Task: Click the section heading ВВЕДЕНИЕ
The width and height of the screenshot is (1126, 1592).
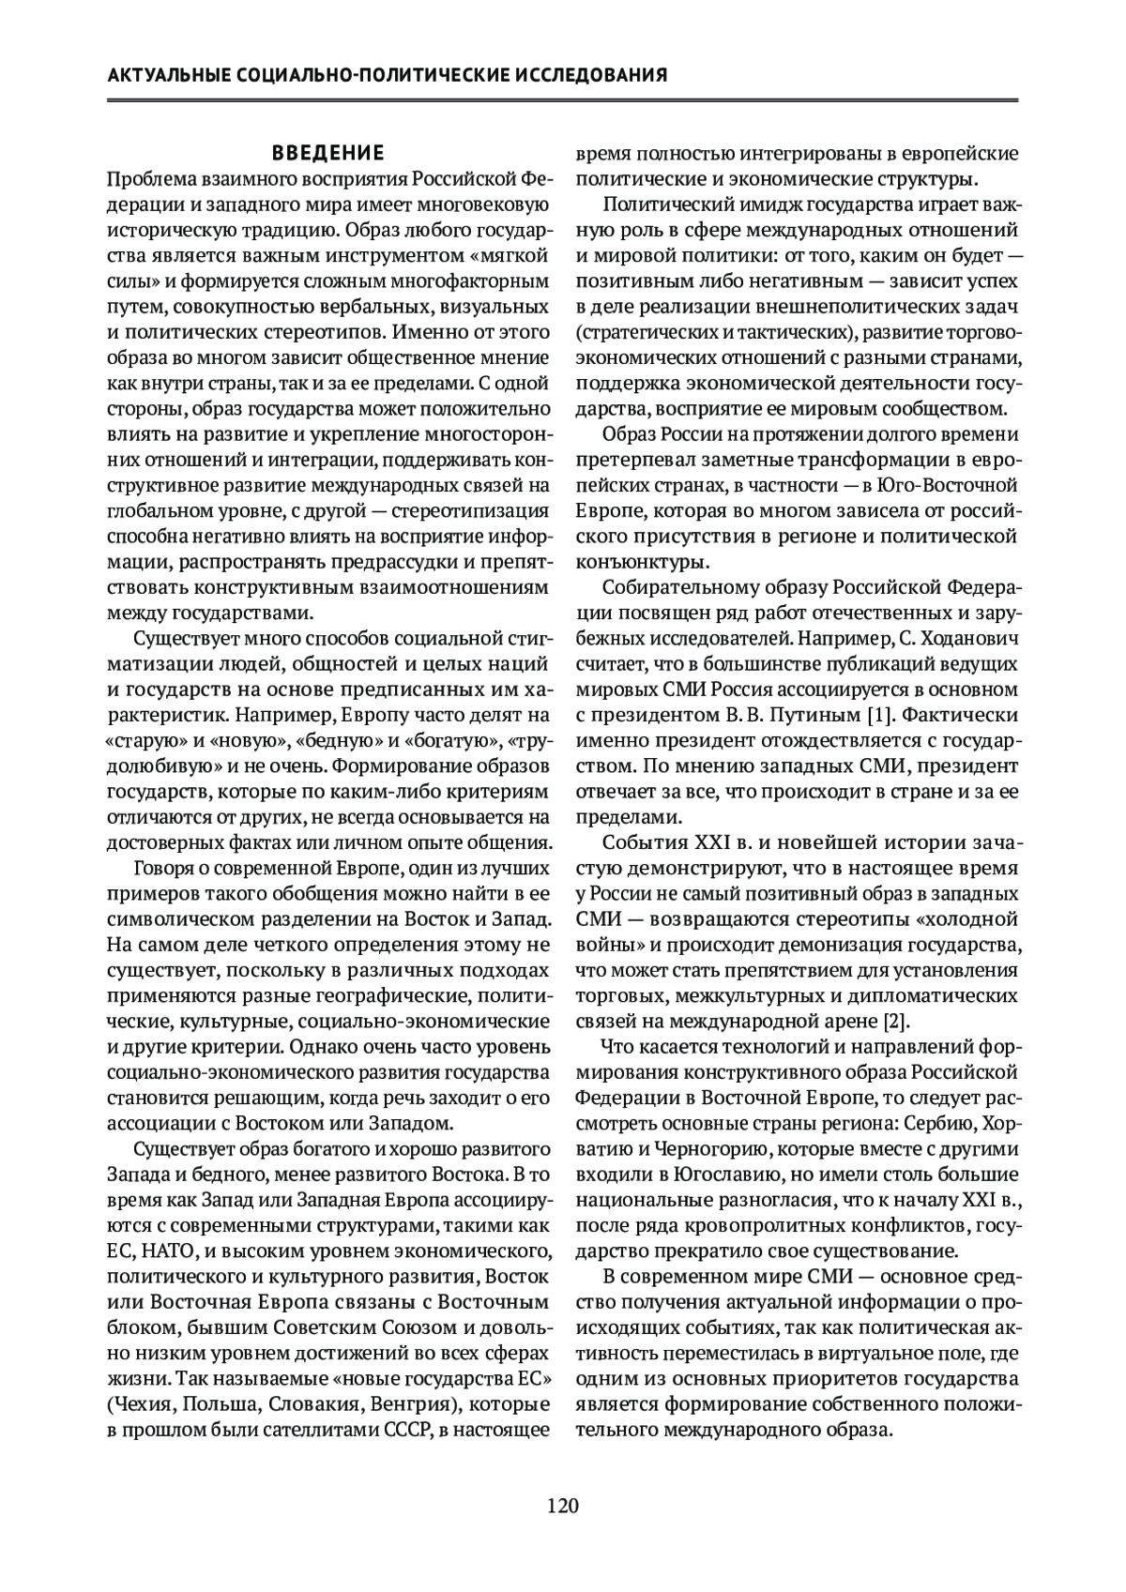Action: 327,153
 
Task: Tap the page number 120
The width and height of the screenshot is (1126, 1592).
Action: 563,1506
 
